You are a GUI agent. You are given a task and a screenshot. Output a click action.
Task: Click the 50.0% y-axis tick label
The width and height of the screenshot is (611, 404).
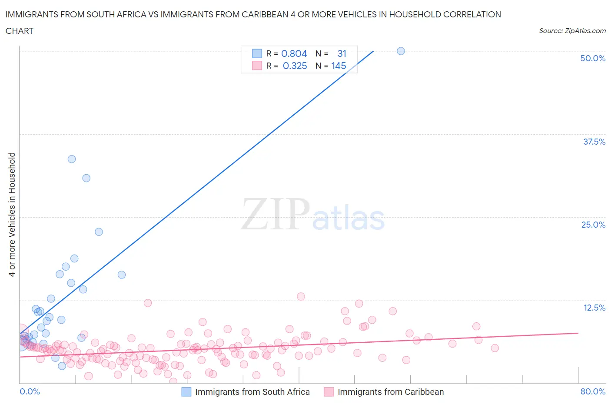[592, 58]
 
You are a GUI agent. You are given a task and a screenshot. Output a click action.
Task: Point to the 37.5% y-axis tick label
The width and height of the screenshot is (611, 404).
[594, 142]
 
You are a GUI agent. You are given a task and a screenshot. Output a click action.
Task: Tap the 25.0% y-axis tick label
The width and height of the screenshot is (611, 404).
[593, 225]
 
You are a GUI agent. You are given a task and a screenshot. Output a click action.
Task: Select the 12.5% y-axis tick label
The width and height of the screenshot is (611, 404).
[594, 308]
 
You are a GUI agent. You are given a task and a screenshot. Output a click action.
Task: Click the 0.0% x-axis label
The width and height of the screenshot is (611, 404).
[30, 391]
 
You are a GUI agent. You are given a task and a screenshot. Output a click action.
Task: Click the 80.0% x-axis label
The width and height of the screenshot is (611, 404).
[593, 391]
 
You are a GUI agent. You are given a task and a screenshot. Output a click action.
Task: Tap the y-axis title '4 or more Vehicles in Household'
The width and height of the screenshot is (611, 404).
[12, 215]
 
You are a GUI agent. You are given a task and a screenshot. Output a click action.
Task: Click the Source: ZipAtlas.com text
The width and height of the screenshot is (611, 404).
[572, 31]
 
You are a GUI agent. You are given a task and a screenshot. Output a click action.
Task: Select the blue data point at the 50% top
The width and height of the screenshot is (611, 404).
[401, 51]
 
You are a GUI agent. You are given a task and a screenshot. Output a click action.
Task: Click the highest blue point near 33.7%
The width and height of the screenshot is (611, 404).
[72, 159]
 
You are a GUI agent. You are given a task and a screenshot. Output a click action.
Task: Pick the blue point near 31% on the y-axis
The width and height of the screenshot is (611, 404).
[86, 178]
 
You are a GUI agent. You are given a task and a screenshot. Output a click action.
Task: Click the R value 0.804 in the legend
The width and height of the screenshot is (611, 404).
[294, 54]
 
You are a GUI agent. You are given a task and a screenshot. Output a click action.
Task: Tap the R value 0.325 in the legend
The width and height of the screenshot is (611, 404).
[295, 66]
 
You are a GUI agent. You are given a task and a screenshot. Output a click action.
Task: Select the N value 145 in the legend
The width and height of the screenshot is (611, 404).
[339, 66]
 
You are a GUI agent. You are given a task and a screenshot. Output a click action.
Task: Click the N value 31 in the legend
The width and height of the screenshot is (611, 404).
[342, 54]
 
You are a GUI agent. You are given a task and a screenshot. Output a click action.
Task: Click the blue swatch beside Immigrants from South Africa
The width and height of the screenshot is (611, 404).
[186, 392]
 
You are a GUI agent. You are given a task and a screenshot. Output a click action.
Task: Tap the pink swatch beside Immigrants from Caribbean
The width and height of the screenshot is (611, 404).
[329, 392]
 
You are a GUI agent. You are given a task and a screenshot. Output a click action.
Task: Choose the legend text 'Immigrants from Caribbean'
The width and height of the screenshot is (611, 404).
[391, 392]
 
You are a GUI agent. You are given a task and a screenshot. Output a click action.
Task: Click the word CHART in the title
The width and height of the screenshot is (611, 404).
[20, 31]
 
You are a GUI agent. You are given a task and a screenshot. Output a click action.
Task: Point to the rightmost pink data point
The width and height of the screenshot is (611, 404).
[495, 348]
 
